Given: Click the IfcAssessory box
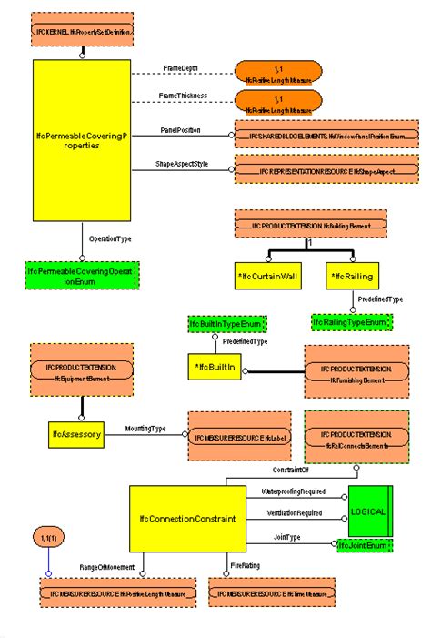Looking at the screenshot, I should click(75, 434).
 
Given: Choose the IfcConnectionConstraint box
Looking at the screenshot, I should click(187, 518).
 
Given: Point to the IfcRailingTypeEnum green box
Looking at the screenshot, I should click(351, 321).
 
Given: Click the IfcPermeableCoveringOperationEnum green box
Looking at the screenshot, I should click(82, 276).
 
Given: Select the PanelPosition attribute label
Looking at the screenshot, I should click(181, 130).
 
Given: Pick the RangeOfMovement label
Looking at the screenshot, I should click(106, 567).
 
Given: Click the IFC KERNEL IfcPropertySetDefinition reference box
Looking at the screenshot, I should click(82, 31).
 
